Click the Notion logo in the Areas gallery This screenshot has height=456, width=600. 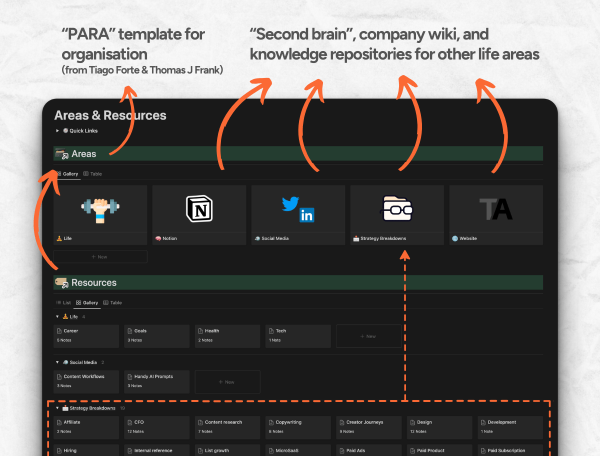pos(199,208)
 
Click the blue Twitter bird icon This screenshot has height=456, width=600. pos(290,203)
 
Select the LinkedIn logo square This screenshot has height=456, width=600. pos(306,215)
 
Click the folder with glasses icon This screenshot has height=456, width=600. pos(396,208)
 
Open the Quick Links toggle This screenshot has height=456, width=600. pos(57,130)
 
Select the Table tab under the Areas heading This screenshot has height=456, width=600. pos(92,174)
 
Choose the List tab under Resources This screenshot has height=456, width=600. pos(63,302)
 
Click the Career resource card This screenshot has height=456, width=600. pos(86,336)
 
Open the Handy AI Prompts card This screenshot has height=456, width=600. pos(156,381)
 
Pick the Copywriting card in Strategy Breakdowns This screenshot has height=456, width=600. pos(298,427)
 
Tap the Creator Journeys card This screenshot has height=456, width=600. pos(368,427)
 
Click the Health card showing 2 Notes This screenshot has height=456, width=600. pos(227,336)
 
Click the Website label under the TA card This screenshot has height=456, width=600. pos(468,238)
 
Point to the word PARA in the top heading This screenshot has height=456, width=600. pos(88,34)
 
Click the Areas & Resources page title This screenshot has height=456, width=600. pos(110,115)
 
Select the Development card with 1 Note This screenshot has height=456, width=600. pos(510,427)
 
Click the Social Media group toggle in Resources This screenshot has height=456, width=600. pos(57,362)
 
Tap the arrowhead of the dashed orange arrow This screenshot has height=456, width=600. pos(405,254)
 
